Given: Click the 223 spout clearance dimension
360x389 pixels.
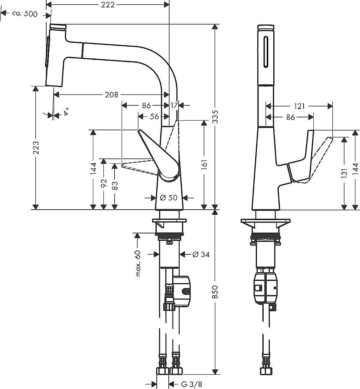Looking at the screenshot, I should (35, 147).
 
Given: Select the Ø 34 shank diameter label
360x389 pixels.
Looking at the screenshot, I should (201, 254).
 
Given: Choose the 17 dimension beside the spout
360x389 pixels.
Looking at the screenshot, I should (174, 105).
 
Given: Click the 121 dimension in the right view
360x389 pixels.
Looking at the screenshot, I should (299, 105).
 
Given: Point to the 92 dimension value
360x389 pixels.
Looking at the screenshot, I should (103, 183).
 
